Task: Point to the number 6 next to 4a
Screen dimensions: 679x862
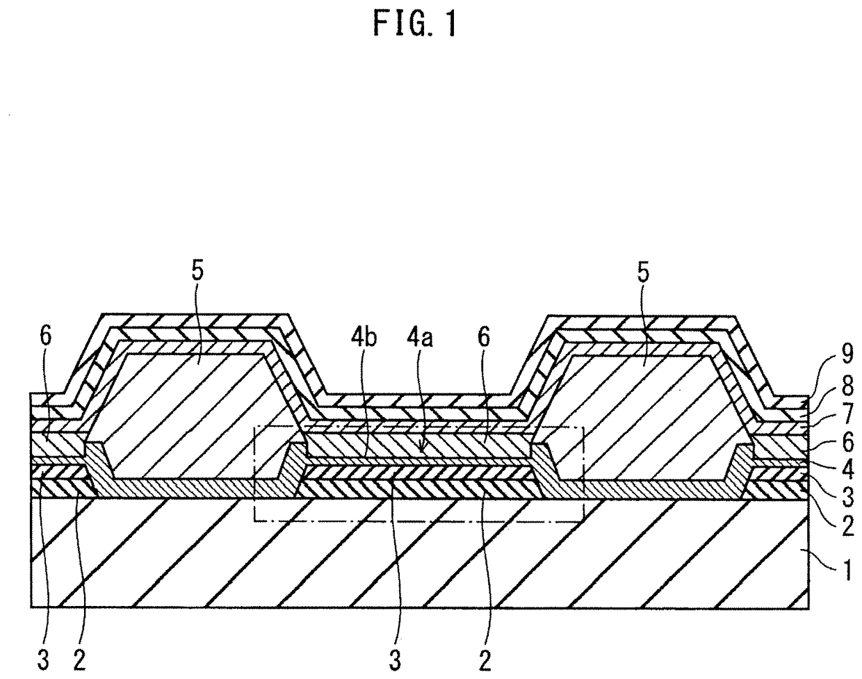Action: click(484, 337)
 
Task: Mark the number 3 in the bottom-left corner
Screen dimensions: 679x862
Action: click(43, 660)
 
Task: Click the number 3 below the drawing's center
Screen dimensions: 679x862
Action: click(395, 660)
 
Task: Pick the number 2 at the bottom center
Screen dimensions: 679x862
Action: click(485, 660)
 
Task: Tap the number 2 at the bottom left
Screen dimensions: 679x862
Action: click(79, 660)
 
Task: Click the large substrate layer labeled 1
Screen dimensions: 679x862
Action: click(417, 556)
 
